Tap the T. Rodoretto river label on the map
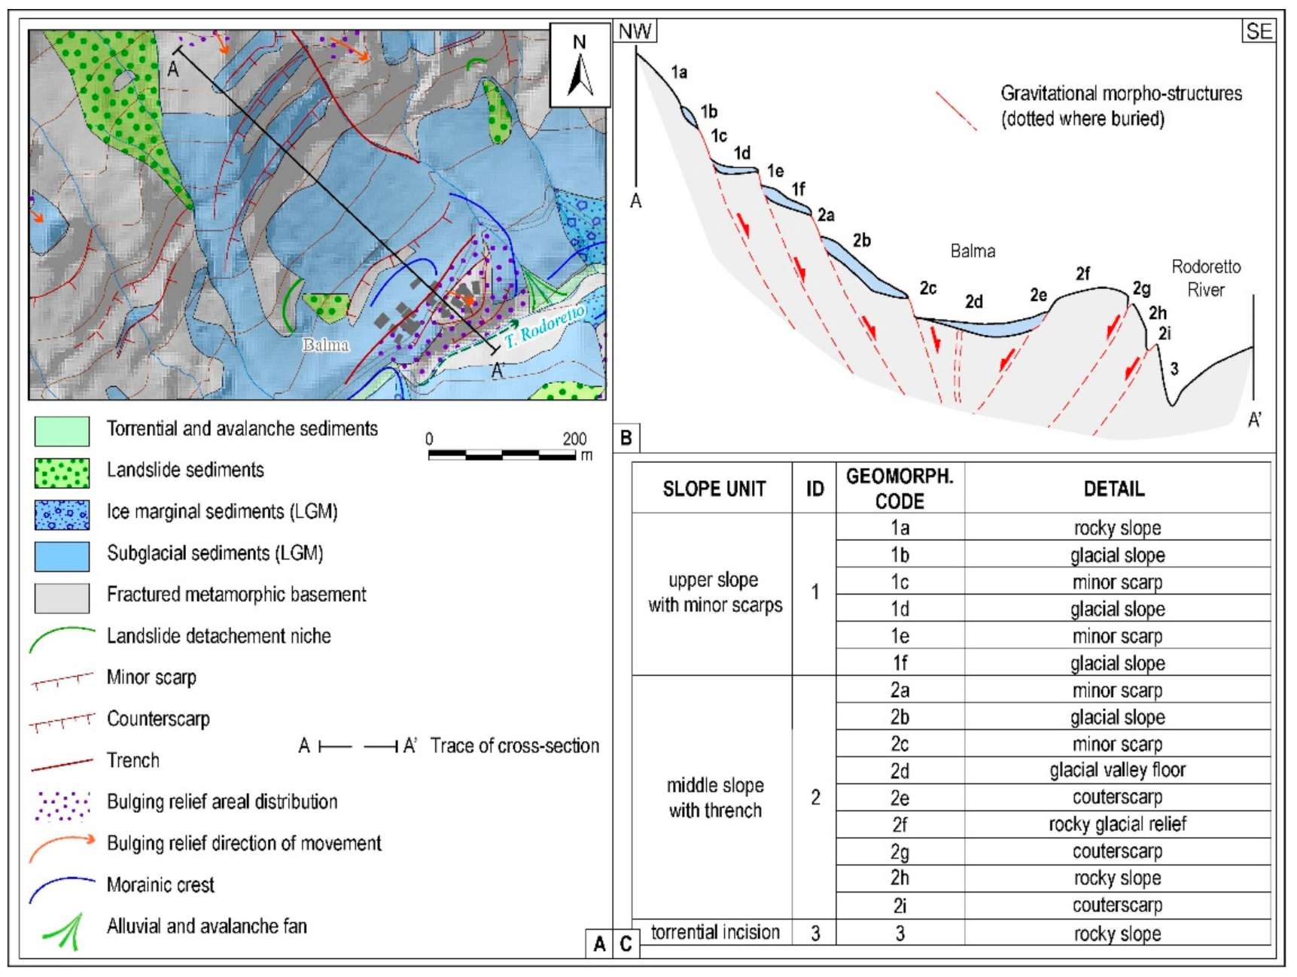click(x=545, y=327)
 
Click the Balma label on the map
click(x=326, y=345)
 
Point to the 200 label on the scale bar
click(x=574, y=439)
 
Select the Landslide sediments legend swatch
click(x=62, y=473)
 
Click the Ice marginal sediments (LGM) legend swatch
click(x=62, y=514)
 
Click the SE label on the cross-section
click(x=1259, y=32)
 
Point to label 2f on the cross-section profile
click(x=1082, y=274)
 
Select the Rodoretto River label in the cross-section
click(x=1206, y=278)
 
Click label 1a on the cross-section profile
click(x=679, y=72)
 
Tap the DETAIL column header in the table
click(x=1114, y=489)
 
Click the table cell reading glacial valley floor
click(x=1117, y=770)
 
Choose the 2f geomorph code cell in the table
click(x=900, y=825)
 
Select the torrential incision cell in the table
click(x=714, y=933)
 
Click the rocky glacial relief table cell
click(x=1117, y=825)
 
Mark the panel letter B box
click(x=626, y=437)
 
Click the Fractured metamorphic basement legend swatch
click(x=62, y=598)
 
